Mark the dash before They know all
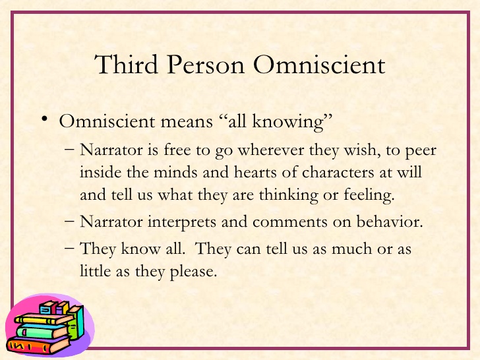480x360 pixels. click(x=71, y=249)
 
